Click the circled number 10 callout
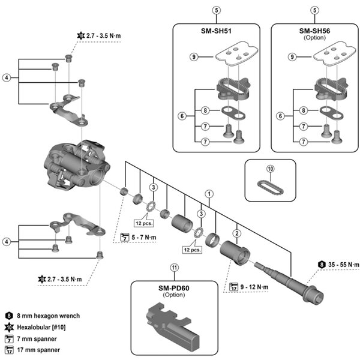pos(270,169)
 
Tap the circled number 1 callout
pos(209,194)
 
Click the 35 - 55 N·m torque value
pos(339,264)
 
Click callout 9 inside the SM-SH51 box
pos(193,57)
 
